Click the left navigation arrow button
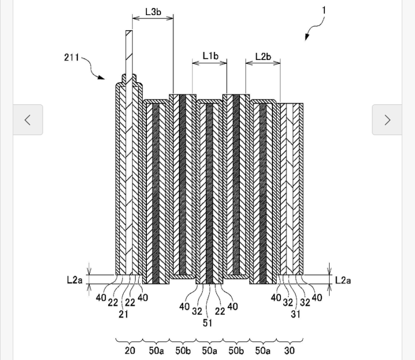click(x=28, y=119)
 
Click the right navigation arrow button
click(x=387, y=119)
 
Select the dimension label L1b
click(x=210, y=55)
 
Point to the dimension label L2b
click(x=263, y=56)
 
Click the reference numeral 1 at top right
click(x=324, y=10)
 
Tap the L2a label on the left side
click(x=75, y=279)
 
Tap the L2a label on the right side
click(x=343, y=279)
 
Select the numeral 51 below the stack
click(x=207, y=323)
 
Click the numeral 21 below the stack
click(x=123, y=314)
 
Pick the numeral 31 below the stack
click(x=295, y=314)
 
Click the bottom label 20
click(x=130, y=350)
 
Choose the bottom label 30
click(x=289, y=350)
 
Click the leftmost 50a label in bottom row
click(x=156, y=350)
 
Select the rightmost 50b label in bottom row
click(x=236, y=350)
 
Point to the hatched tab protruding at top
click(x=129, y=51)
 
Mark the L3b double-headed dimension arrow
click(x=153, y=18)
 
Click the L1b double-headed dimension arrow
click(x=210, y=63)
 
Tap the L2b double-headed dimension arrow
click(x=263, y=63)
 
